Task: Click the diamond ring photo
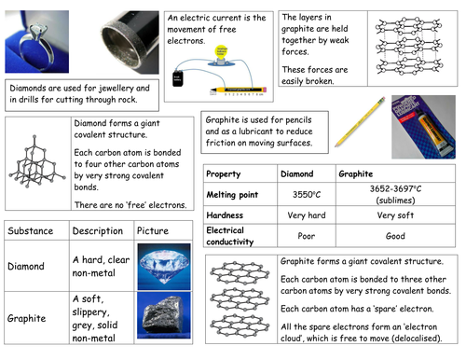[x=35, y=40]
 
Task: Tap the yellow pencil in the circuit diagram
[x=237, y=91]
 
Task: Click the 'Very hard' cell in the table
[x=307, y=214]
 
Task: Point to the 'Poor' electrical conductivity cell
[x=307, y=236]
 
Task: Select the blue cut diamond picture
[x=162, y=265]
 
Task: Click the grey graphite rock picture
[x=162, y=316]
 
